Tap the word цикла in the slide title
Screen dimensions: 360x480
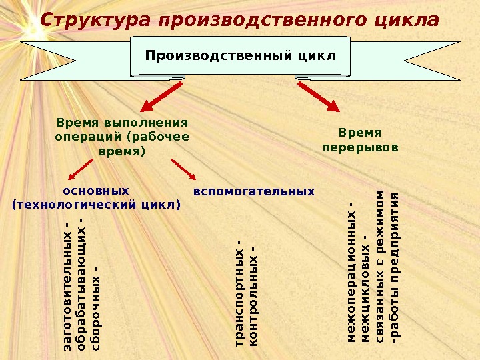(408, 21)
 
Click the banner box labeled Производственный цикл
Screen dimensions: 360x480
(240, 55)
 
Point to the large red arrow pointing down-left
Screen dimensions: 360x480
(159, 96)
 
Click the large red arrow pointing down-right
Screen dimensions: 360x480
(318, 96)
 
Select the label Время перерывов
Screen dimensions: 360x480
(360, 139)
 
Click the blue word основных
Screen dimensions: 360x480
(97, 191)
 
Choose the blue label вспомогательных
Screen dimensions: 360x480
(253, 191)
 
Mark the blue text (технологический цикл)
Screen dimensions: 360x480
(97, 204)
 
